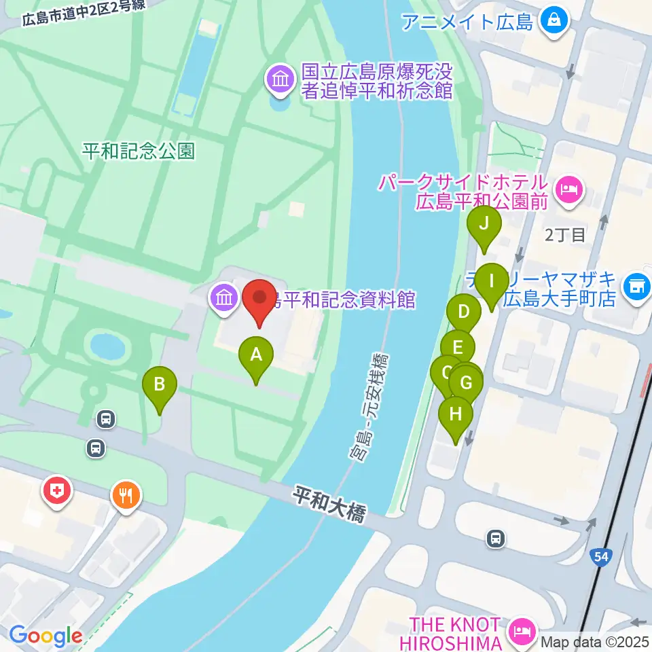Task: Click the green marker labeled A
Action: pyautogui.click(x=256, y=355)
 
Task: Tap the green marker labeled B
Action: pyautogui.click(x=160, y=386)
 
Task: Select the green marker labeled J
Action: pyautogui.click(x=484, y=224)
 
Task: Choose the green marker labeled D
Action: pyautogui.click(x=464, y=313)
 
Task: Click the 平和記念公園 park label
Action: pyautogui.click(x=139, y=151)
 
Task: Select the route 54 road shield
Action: pyautogui.click(x=600, y=556)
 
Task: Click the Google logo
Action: pyautogui.click(x=45, y=636)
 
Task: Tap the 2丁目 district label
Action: pyautogui.click(x=565, y=236)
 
